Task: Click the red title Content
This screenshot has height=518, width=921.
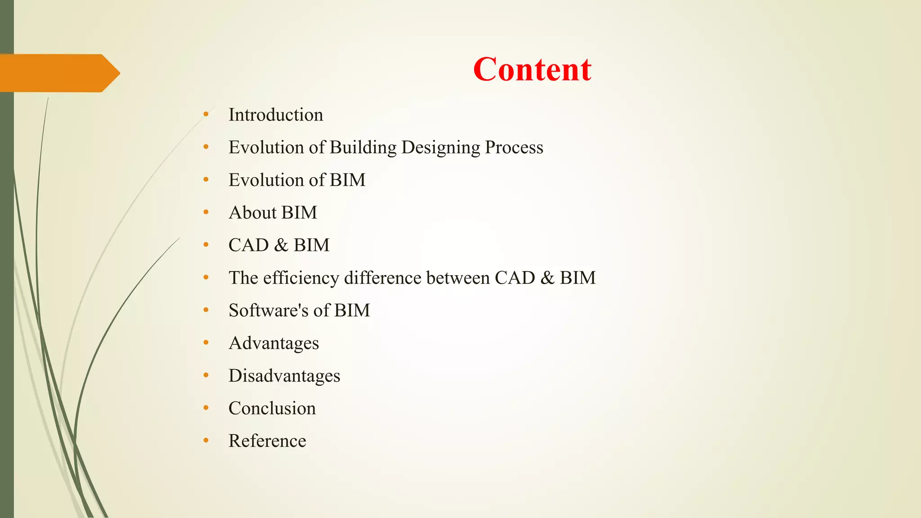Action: click(x=532, y=70)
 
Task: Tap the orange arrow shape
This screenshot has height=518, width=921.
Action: click(x=58, y=73)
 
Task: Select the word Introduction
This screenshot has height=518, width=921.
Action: click(x=276, y=115)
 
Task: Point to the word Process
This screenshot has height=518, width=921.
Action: click(x=514, y=147)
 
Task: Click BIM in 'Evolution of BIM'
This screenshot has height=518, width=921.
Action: click(x=347, y=180)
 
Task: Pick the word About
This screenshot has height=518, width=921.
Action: click(x=253, y=213)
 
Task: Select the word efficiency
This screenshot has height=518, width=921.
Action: click(x=301, y=278)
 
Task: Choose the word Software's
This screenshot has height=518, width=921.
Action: click(x=268, y=311)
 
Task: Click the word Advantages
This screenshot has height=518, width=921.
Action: click(x=274, y=344)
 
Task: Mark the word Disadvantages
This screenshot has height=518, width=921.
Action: click(x=284, y=376)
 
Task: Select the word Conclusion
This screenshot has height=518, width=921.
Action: click(x=272, y=408)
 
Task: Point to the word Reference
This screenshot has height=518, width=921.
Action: click(x=267, y=441)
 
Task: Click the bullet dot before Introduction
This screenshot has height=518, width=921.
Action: click(x=206, y=115)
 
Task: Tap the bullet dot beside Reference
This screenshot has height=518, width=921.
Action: click(x=206, y=441)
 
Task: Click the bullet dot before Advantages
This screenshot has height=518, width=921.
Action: click(x=206, y=343)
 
